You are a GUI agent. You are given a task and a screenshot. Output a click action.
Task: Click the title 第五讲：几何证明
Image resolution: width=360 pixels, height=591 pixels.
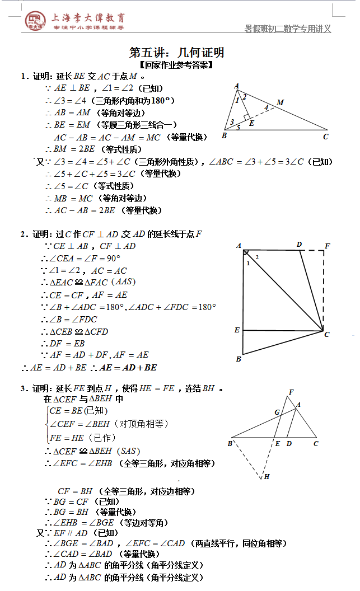(x=177, y=53)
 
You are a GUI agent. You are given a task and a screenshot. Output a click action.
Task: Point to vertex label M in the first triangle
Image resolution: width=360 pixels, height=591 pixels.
(x=280, y=102)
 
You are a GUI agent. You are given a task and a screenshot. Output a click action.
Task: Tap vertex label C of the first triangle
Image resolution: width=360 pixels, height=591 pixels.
(x=325, y=136)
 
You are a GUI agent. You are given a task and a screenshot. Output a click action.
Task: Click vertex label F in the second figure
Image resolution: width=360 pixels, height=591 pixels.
(x=327, y=246)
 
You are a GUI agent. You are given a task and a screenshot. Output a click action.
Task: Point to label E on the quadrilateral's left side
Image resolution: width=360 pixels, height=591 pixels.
(x=237, y=330)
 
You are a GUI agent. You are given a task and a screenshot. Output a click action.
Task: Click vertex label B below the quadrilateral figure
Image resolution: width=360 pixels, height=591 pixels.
(x=239, y=359)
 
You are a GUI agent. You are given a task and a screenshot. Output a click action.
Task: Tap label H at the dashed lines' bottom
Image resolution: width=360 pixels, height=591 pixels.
(x=267, y=477)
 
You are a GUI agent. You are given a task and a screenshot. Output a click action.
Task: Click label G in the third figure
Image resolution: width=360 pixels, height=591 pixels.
(x=277, y=412)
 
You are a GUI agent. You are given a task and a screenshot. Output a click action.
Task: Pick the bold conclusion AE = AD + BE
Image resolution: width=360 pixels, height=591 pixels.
(x=128, y=368)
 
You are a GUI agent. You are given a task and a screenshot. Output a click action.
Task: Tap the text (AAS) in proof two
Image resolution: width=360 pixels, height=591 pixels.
(x=123, y=282)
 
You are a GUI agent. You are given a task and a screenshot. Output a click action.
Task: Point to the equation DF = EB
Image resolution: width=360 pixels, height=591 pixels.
(x=67, y=343)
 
